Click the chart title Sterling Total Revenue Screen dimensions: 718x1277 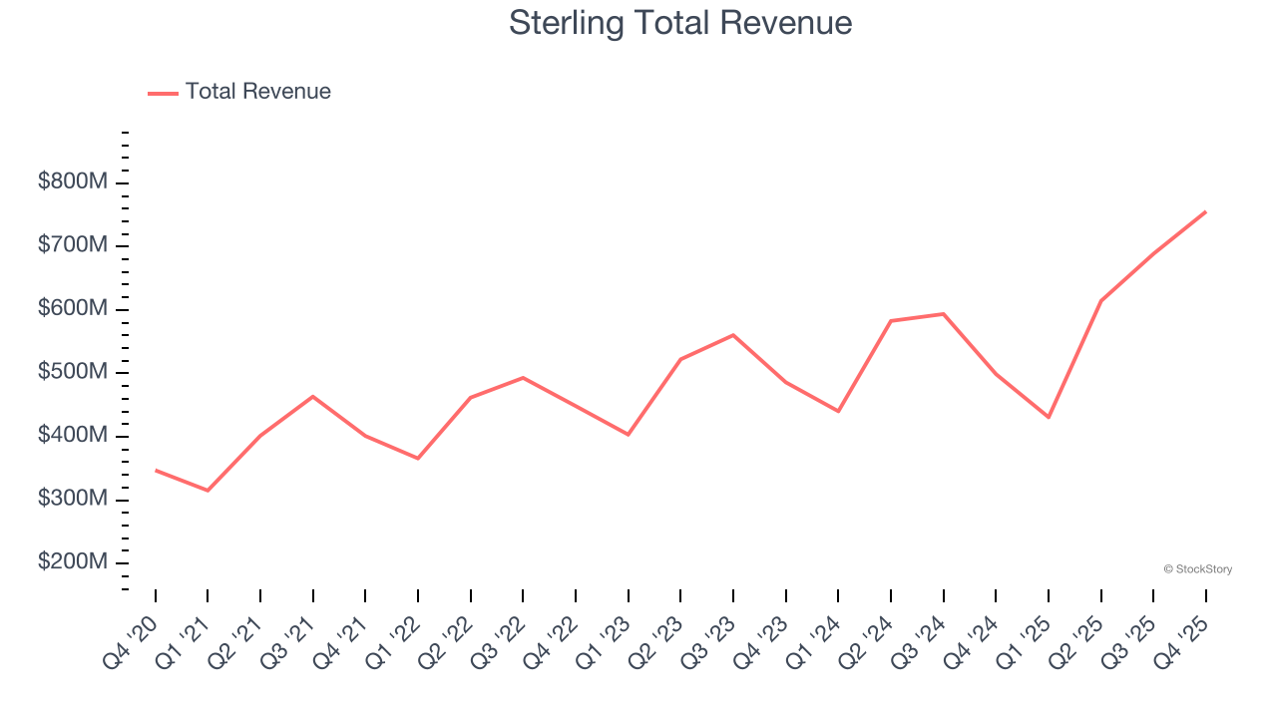coord(680,22)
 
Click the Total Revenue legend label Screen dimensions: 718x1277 coord(257,92)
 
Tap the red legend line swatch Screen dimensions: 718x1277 coord(163,93)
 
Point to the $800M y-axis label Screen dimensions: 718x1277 coord(72,182)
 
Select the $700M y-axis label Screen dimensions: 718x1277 coord(72,246)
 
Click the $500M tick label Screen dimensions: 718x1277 coord(72,373)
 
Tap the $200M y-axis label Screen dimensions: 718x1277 coord(72,562)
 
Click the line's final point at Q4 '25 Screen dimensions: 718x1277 coord(1205,211)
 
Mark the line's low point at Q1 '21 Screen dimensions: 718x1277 coord(208,491)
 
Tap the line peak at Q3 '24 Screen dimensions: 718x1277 coord(943,314)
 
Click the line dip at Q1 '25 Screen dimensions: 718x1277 coord(1049,417)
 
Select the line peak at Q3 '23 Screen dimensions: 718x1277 coord(733,335)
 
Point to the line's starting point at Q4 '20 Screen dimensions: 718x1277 coord(156,470)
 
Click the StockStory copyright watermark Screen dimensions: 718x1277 coord(1197,569)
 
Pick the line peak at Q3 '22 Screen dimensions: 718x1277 coord(523,377)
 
